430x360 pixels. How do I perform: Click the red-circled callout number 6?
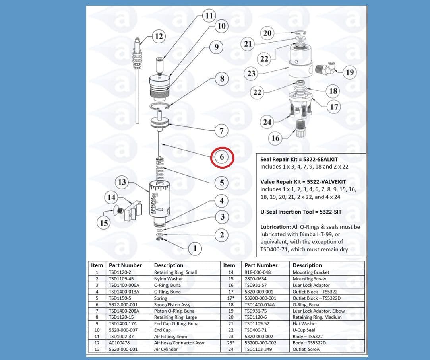222,157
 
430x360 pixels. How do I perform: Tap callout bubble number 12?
159,37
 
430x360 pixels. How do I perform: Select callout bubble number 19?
350,72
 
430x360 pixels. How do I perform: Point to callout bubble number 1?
195,249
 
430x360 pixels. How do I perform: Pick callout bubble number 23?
251,74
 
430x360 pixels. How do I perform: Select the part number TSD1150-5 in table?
120,298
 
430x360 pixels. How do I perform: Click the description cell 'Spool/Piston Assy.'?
172,304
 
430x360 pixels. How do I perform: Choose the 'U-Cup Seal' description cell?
304,330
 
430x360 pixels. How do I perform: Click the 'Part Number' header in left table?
125,265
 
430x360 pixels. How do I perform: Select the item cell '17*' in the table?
229,298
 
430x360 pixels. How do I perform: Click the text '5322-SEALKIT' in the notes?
320,159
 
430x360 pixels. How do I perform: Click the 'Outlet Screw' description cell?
306,349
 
